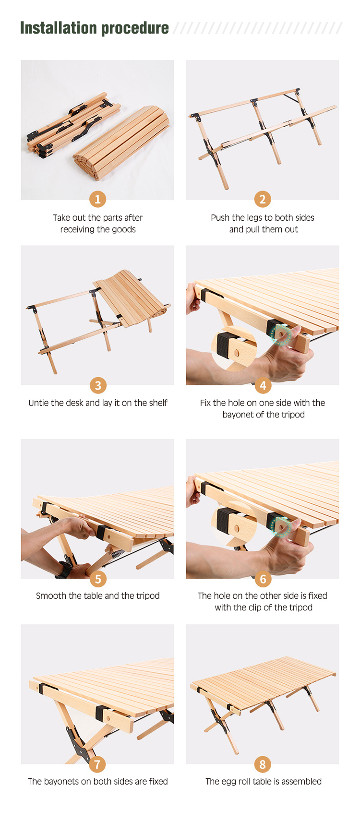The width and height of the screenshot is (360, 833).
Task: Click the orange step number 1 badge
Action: click(x=98, y=199)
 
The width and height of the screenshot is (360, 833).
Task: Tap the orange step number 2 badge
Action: click(x=263, y=199)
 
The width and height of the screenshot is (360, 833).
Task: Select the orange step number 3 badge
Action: click(x=98, y=385)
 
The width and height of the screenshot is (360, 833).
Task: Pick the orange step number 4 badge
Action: click(x=263, y=385)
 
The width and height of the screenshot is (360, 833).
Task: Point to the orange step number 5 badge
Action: click(x=98, y=579)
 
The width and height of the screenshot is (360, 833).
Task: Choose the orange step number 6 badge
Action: click(x=263, y=579)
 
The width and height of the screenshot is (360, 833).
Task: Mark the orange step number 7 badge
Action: click(x=98, y=764)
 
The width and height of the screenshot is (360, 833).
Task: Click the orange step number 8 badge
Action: click(x=263, y=764)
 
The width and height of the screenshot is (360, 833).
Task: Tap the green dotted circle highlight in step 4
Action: click(x=280, y=333)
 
